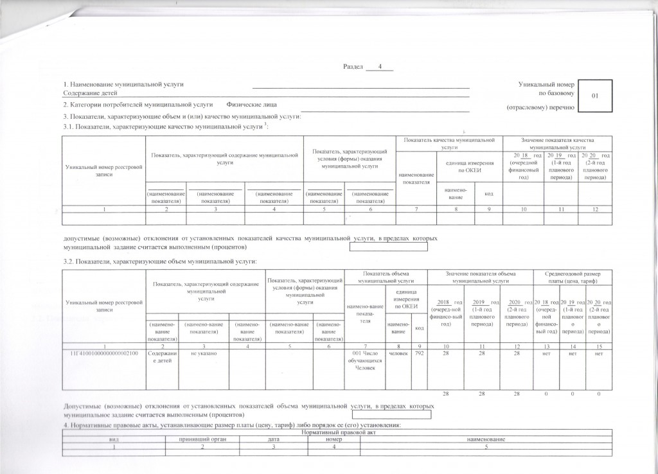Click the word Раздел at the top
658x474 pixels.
point(354,67)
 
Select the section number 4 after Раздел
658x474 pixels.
point(380,66)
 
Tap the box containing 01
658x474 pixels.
point(595,96)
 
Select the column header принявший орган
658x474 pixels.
point(201,439)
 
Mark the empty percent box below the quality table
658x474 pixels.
point(387,246)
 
